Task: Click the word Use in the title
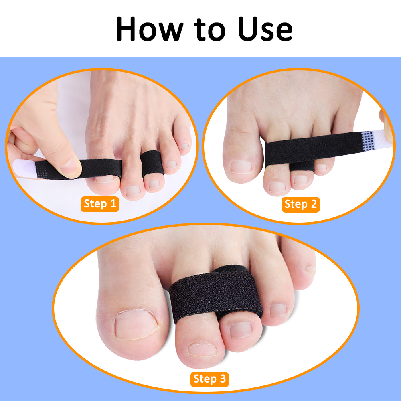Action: coord(264,29)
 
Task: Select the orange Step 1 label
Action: coord(100,204)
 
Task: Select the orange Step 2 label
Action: coord(300,204)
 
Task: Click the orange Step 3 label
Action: coord(209,379)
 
